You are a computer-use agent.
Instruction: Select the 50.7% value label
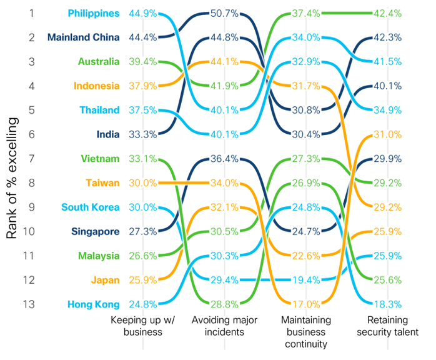point(224,13)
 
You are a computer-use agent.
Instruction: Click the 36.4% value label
point(224,159)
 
